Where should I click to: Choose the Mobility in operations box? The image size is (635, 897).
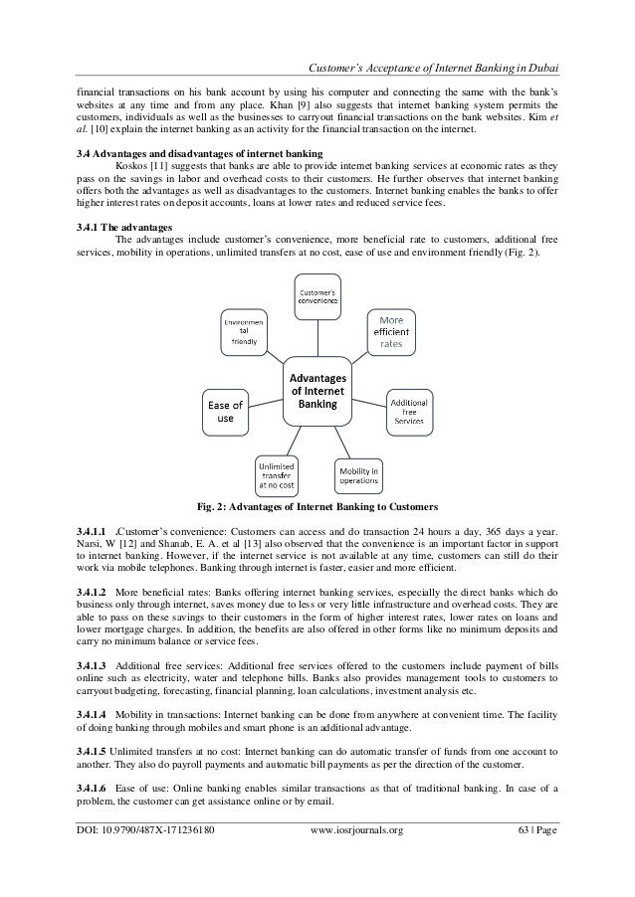(358, 474)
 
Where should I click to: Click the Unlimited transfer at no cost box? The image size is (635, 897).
(275, 474)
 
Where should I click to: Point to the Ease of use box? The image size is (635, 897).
(225, 411)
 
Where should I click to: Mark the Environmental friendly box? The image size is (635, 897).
(243, 332)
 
